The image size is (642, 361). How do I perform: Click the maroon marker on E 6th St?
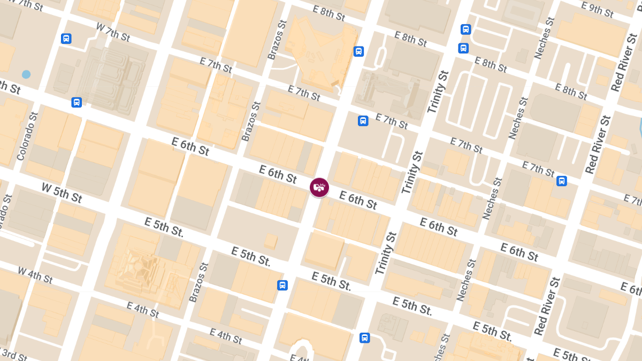[x=319, y=187]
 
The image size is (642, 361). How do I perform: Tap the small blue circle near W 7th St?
[x=26, y=74]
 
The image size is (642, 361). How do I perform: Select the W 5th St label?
[x=62, y=193]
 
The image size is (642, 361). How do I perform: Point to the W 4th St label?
[x=35, y=275]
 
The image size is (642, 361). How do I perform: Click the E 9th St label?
[x=597, y=10]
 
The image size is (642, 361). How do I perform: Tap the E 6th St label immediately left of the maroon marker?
[x=278, y=173]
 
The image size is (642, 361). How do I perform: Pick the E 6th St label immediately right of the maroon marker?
[x=358, y=201]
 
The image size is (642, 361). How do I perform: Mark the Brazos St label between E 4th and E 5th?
[x=197, y=282]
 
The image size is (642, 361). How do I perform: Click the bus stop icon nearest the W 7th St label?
[x=66, y=39]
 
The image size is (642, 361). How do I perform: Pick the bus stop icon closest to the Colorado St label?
[x=77, y=102]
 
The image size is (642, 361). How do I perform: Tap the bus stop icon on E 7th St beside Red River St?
[x=561, y=181]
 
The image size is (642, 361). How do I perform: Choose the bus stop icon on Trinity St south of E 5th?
[x=364, y=337]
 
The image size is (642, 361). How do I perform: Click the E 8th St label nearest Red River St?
[x=572, y=91]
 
